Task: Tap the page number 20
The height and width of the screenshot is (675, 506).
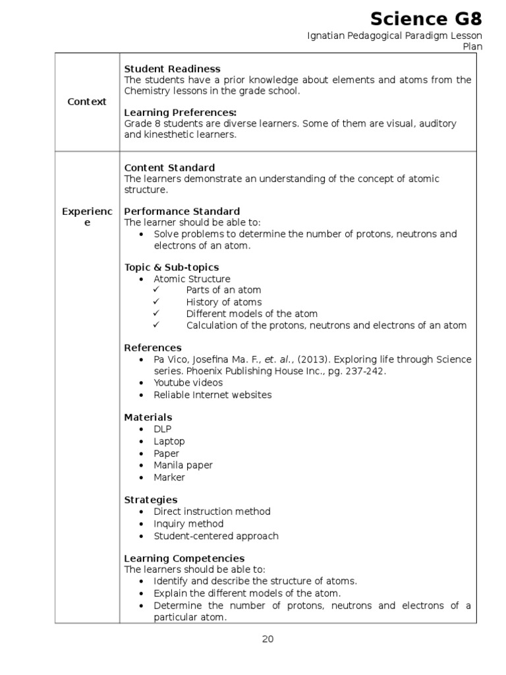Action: pyautogui.click(x=267, y=639)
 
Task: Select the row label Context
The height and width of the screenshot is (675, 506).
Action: pyautogui.click(x=86, y=102)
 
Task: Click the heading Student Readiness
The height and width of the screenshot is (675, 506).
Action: pyautogui.click(x=172, y=69)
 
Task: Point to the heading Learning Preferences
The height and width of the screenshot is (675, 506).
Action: pyautogui.click(x=180, y=113)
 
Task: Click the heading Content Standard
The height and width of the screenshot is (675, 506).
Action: pyautogui.click(x=169, y=167)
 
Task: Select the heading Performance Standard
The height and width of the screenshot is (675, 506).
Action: pyautogui.click(x=182, y=212)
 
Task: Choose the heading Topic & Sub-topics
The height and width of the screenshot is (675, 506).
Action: pyautogui.click(x=171, y=267)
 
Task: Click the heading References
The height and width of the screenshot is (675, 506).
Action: pyautogui.click(x=153, y=347)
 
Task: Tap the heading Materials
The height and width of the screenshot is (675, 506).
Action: pyautogui.click(x=148, y=417)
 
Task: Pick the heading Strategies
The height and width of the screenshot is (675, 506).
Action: pyautogui.click(x=151, y=500)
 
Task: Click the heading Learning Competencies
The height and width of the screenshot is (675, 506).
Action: pyautogui.click(x=184, y=558)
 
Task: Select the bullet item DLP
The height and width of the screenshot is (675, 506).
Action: pyautogui.click(x=163, y=429)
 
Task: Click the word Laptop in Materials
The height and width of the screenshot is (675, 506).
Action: pyautogui.click(x=169, y=441)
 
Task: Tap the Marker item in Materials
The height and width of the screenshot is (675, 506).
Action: pyautogui.click(x=169, y=477)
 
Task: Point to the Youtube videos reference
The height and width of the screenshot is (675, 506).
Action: pyautogui.click(x=188, y=382)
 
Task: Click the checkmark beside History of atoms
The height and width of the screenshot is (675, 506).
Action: pyautogui.click(x=156, y=302)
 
